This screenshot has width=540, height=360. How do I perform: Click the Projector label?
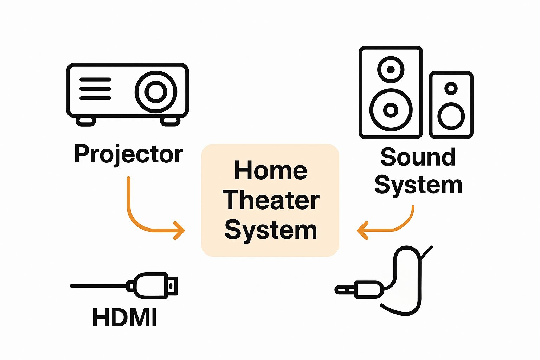click(128, 154)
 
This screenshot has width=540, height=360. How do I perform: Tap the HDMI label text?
click(124, 317)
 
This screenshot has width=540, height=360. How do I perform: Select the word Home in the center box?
click(270, 171)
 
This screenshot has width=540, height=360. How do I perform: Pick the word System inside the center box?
click(271, 230)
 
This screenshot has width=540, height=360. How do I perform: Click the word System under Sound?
click(418, 185)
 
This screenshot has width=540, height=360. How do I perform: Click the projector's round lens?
click(156, 92)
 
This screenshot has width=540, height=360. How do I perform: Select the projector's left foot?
click(86, 121)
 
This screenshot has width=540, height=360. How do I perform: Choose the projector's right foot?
click(170, 121)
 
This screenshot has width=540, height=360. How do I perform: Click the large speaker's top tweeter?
click(391, 69)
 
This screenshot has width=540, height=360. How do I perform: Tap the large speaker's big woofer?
click(391, 110)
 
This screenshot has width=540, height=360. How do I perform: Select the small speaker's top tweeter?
click(451, 88)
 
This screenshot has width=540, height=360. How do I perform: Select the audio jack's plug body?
click(369, 289)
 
